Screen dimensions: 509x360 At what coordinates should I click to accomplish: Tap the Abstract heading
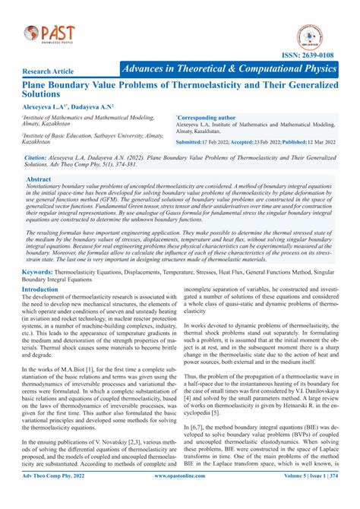39,180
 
